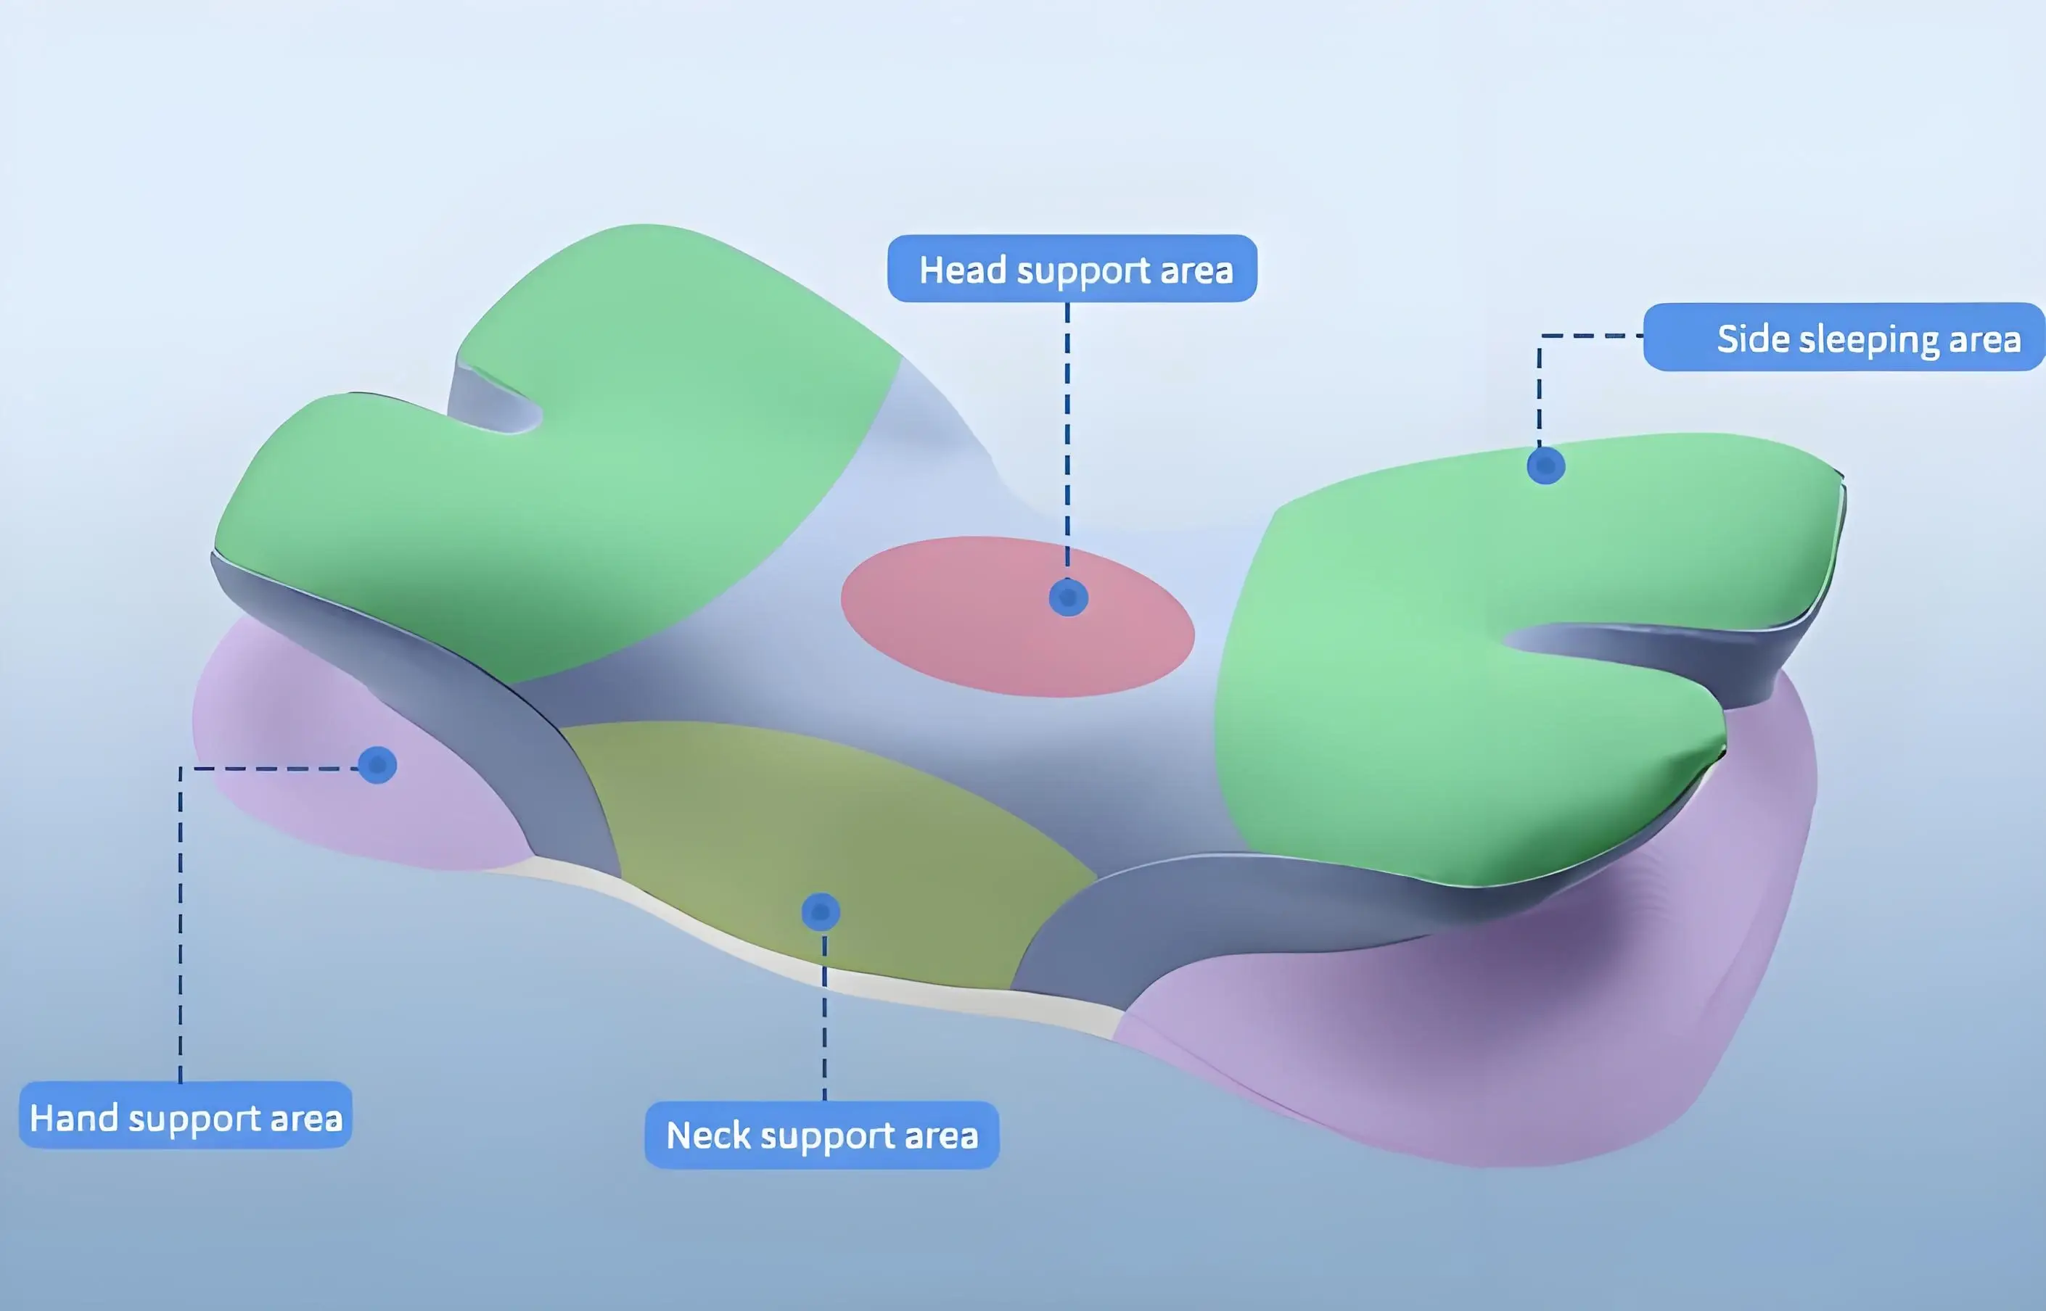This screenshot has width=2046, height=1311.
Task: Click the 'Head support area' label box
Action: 1072,269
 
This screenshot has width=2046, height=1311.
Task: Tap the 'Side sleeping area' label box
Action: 1844,338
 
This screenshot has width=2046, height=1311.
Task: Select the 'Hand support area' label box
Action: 185,1116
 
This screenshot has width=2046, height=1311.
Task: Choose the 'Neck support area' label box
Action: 821,1135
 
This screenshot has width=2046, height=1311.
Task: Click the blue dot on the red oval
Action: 1068,597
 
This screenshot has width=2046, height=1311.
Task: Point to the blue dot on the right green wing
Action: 1545,466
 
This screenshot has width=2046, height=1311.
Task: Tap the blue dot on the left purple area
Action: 377,764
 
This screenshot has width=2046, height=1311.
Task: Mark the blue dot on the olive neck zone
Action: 821,911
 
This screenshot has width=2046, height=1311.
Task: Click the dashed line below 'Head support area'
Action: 1067,426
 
